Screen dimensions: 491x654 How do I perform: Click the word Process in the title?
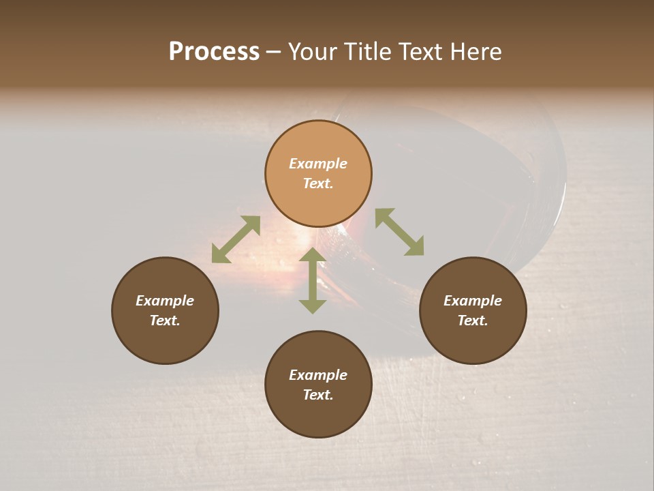point(214,52)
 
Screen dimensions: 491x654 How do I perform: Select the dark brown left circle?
point(165,310)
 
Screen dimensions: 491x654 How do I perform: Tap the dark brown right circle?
point(473,310)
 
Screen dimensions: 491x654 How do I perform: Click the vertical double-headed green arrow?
point(313,280)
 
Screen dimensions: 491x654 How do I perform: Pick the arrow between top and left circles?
point(236,239)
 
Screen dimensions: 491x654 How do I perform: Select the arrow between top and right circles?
point(399,232)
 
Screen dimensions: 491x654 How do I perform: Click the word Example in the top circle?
point(318,164)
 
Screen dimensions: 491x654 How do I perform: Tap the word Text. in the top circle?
point(317,183)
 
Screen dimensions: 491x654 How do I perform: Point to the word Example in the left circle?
point(165,301)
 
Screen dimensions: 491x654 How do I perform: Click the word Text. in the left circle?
point(165,321)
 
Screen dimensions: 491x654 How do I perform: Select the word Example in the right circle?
point(473,301)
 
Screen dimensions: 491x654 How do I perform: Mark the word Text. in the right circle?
point(473,321)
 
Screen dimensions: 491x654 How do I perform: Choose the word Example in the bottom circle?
point(318,375)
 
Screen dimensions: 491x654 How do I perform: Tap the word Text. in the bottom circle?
point(318,395)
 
